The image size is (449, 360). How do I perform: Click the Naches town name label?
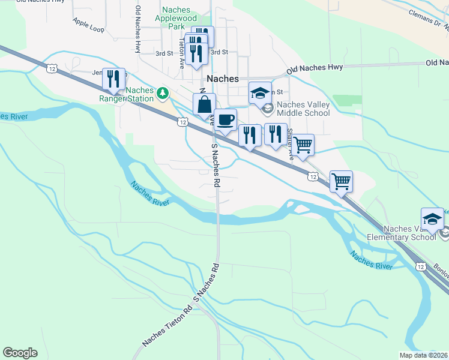(222, 79)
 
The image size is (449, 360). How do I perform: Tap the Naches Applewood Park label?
(177, 18)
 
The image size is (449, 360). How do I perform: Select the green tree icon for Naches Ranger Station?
(162, 94)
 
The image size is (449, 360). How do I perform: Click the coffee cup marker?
(225, 119)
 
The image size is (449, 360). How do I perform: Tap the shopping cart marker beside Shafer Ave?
(303, 145)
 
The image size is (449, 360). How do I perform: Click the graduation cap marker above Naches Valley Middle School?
(260, 93)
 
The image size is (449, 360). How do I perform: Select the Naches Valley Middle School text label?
(303, 109)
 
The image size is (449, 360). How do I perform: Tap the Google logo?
(20, 353)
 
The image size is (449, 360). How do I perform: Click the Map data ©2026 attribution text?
(424, 355)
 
